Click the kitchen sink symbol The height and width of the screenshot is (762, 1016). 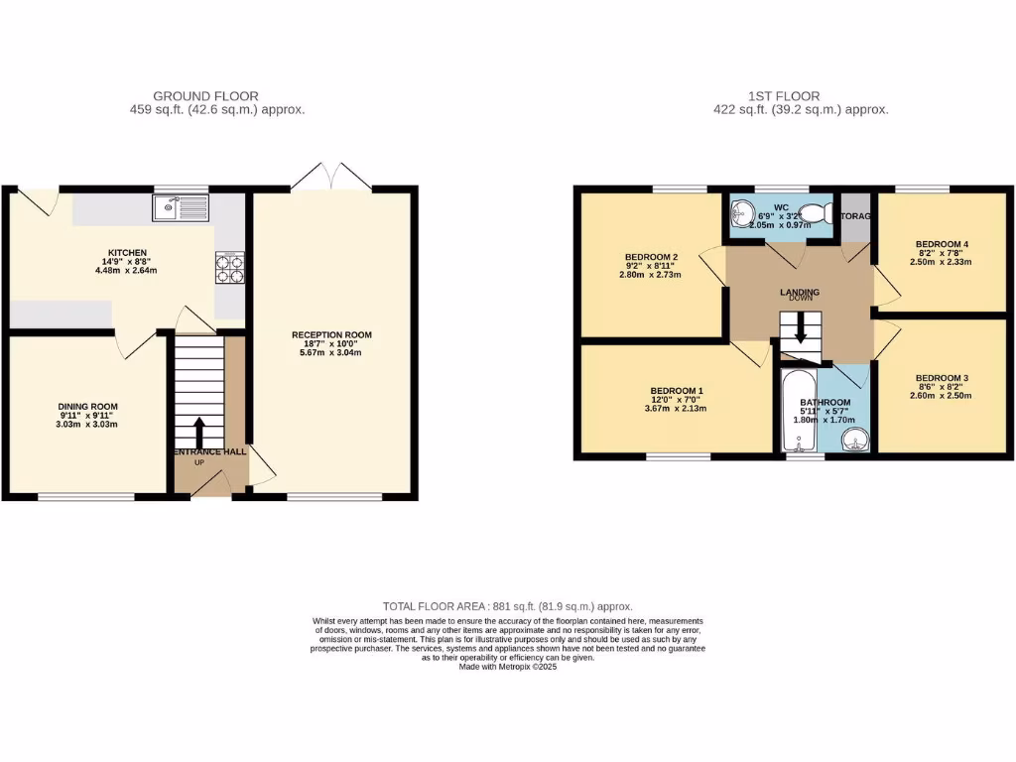[x=181, y=207]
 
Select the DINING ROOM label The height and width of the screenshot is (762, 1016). [x=88, y=406]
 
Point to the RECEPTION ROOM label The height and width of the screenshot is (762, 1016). [x=331, y=334]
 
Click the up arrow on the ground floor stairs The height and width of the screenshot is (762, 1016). [x=198, y=432]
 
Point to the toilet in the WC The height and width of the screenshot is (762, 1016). [x=815, y=212]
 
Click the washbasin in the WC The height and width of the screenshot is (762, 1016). [x=741, y=211]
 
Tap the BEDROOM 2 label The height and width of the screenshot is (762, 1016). [x=651, y=258]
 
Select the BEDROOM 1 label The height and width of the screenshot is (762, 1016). [x=677, y=390]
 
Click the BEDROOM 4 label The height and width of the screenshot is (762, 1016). [x=942, y=244]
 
